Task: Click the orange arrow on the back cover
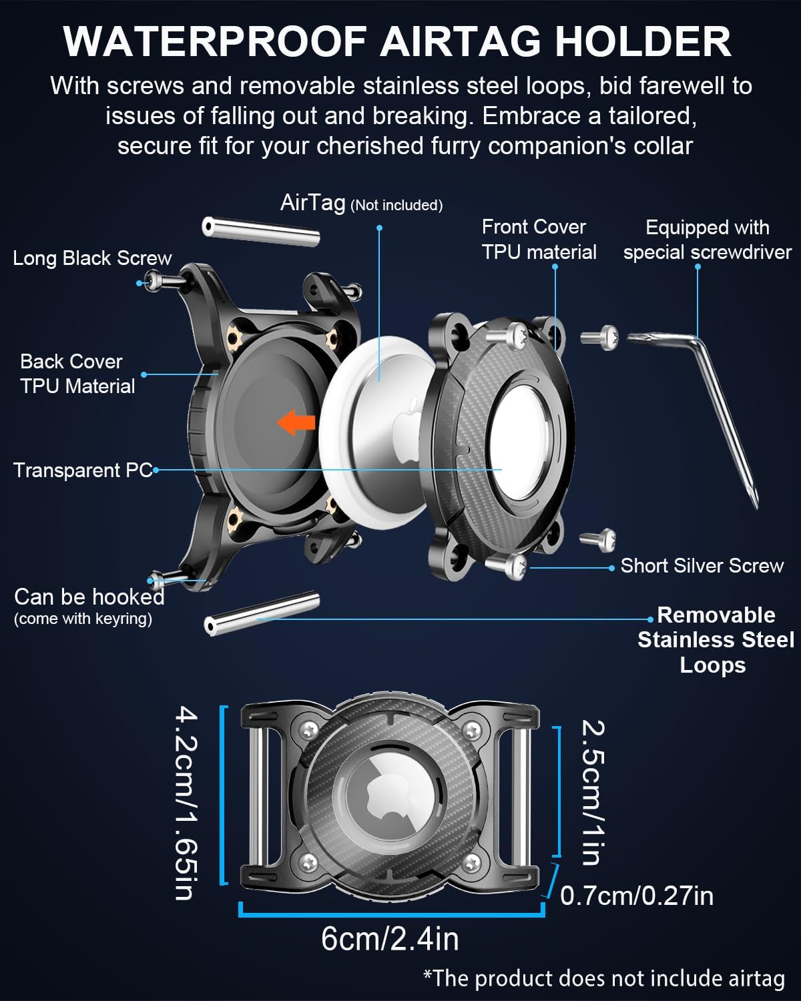[x=296, y=422]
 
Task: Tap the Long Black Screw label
[x=92, y=258]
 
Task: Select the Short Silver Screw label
[x=702, y=566]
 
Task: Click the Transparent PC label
[x=83, y=470]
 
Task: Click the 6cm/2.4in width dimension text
[x=390, y=939]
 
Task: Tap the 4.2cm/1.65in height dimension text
[x=187, y=803]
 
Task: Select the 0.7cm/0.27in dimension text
[x=637, y=896]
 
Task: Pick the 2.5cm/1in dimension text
[x=593, y=793]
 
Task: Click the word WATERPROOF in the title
[x=216, y=41]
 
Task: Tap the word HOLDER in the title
[x=643, y=41]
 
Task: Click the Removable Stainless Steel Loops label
[x=716, y=640]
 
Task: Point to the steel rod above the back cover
[x=261, y=231]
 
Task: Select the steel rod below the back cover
[x=262, y=613]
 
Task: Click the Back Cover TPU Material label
[x=77, y=374]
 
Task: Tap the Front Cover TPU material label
[x=539, y=240]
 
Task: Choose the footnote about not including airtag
[x=603, y=978]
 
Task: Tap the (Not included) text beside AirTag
[x=396, y=205]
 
